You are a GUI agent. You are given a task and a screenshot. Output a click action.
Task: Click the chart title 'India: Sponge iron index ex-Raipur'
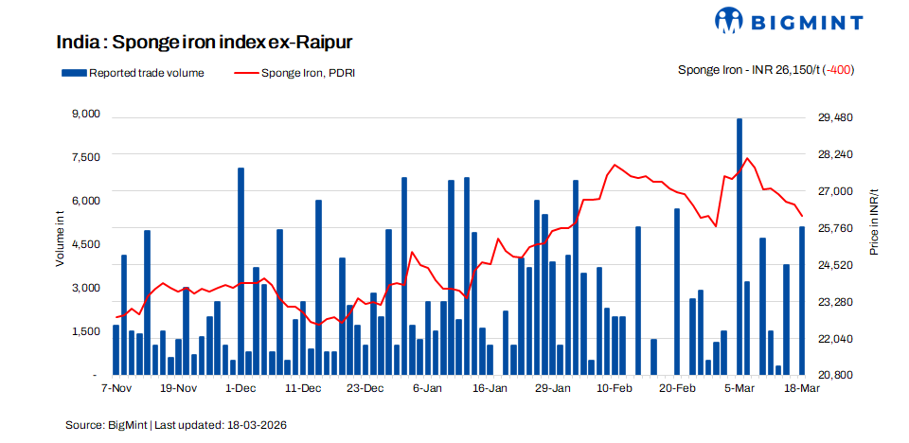[205, 43]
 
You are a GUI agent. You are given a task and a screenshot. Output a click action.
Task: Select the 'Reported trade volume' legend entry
[133, 72]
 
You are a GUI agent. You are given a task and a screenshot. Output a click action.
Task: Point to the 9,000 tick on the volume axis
[85, 115]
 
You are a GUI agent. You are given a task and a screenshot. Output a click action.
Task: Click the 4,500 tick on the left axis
[85, 244]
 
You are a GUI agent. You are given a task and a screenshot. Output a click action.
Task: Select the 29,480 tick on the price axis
[835, 117]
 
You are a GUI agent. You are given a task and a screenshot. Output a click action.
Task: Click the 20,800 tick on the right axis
[835, 375]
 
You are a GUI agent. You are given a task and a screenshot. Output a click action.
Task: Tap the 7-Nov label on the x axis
[115, 388]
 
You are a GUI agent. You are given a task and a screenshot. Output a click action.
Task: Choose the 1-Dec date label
[240, 388]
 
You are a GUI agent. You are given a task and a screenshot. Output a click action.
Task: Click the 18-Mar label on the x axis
[801, 388]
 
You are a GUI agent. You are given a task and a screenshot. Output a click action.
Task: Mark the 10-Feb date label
[615, 388]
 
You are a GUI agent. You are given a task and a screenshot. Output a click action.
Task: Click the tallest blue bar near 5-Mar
[740, 246]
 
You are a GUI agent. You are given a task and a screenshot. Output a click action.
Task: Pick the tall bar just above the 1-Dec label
[241, 271]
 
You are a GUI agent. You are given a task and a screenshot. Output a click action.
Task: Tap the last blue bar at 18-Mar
[802, 300]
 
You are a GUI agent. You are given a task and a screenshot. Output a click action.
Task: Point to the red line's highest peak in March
[747, 158]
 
